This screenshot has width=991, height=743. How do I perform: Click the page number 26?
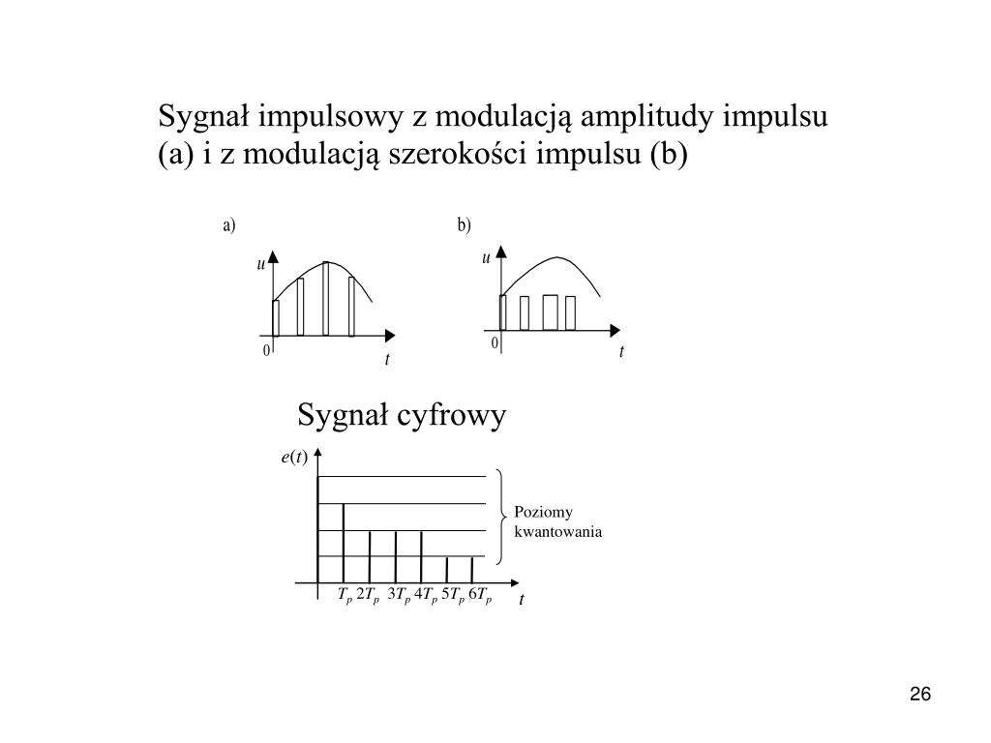(919, 695)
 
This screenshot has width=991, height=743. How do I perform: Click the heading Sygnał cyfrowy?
(402, 416)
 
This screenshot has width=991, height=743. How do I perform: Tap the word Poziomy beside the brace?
(544, 513)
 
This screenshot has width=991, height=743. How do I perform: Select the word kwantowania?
(558, 531)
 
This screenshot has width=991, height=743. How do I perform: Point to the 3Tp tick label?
(400, 595)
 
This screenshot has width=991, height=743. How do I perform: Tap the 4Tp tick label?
(427, 595)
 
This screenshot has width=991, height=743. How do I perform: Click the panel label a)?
(229, 226)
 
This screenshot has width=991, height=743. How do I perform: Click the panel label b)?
(465, 226)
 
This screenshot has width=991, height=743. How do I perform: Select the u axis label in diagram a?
(260, 264)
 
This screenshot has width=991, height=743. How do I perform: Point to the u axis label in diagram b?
(487, 258)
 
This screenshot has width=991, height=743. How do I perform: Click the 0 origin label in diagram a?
(265, 350)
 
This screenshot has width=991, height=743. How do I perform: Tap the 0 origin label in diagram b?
(494, 344)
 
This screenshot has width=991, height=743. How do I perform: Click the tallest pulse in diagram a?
(326, 299)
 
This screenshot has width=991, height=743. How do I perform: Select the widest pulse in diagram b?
(551, 312)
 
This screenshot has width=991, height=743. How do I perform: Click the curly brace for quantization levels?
(502, 517)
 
